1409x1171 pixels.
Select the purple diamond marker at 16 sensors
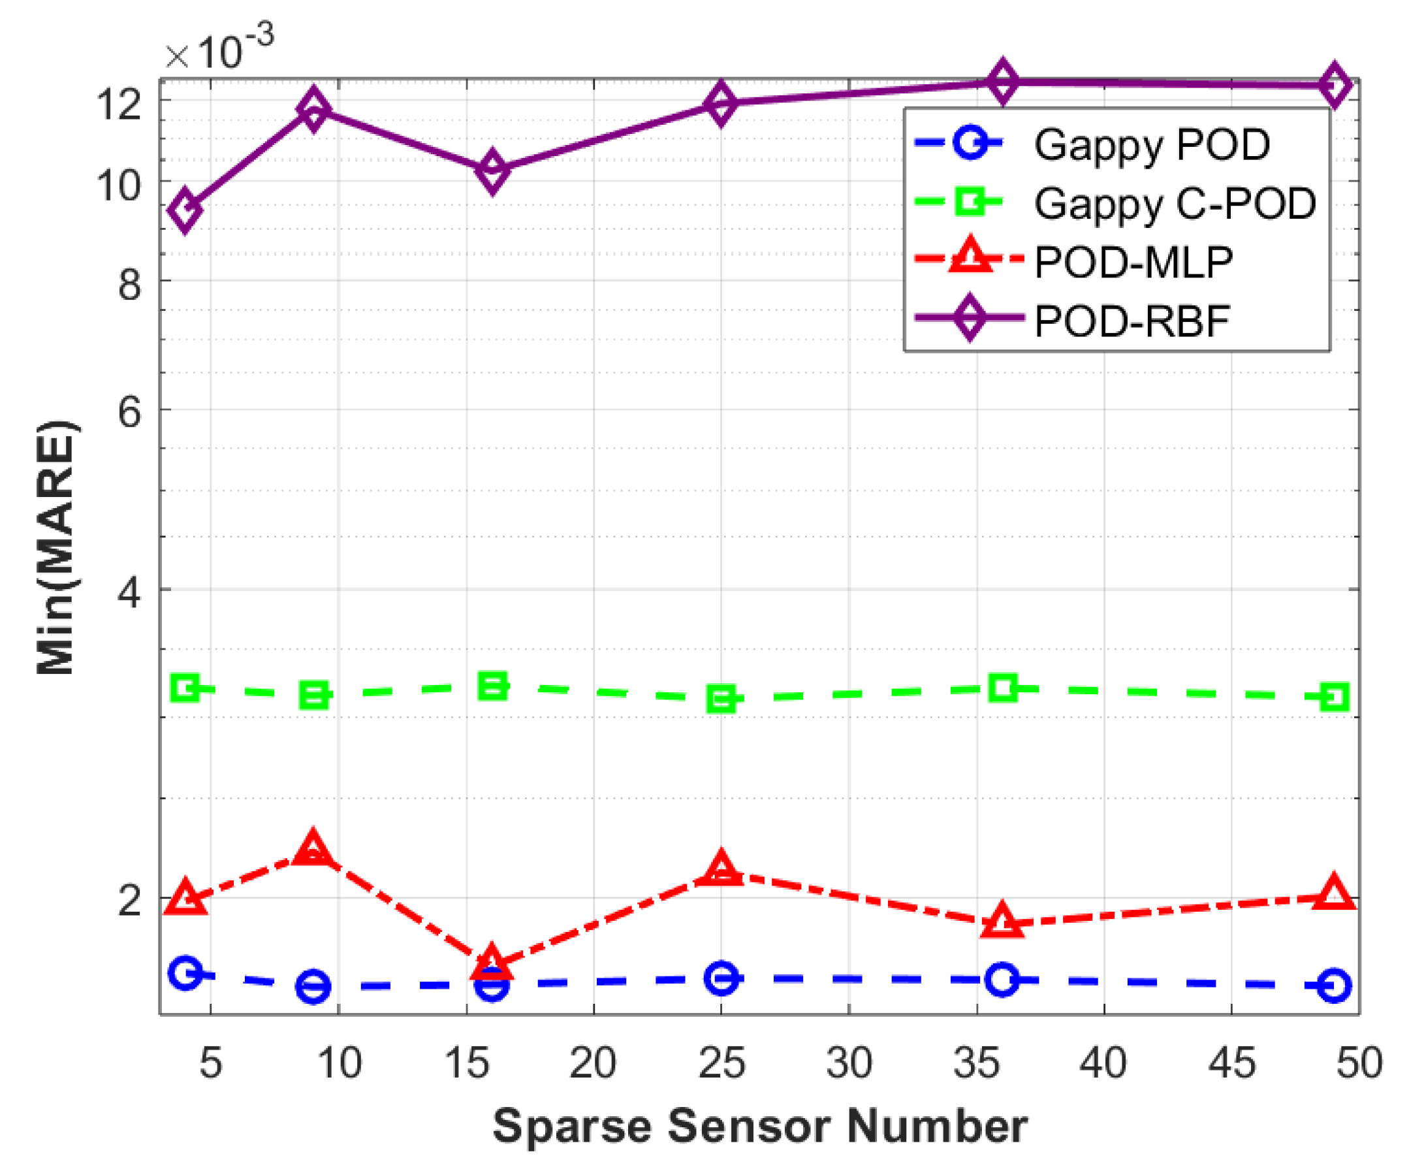point(492,170)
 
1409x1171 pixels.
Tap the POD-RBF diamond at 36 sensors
point(1002,81)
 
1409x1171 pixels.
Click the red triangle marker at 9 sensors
point(313,850)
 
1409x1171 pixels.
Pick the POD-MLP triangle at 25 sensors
point(721,871)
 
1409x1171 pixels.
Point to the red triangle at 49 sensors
point(1333,895)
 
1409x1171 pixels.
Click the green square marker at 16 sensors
point(492,686)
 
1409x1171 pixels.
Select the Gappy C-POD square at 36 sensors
point(1002,688)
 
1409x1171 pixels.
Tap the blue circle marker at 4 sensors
point(185,973)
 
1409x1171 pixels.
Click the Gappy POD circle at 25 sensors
point(721,978)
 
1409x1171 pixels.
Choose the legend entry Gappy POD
point(1151,144)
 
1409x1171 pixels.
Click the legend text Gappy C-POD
point(1174,203)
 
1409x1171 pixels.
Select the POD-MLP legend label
point(1133,262)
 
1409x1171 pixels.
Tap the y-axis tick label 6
point(129,411)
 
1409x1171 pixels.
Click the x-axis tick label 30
point(849,1063)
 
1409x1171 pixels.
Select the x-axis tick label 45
point(1231,1063)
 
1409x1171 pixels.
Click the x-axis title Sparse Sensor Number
point(759,1126)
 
